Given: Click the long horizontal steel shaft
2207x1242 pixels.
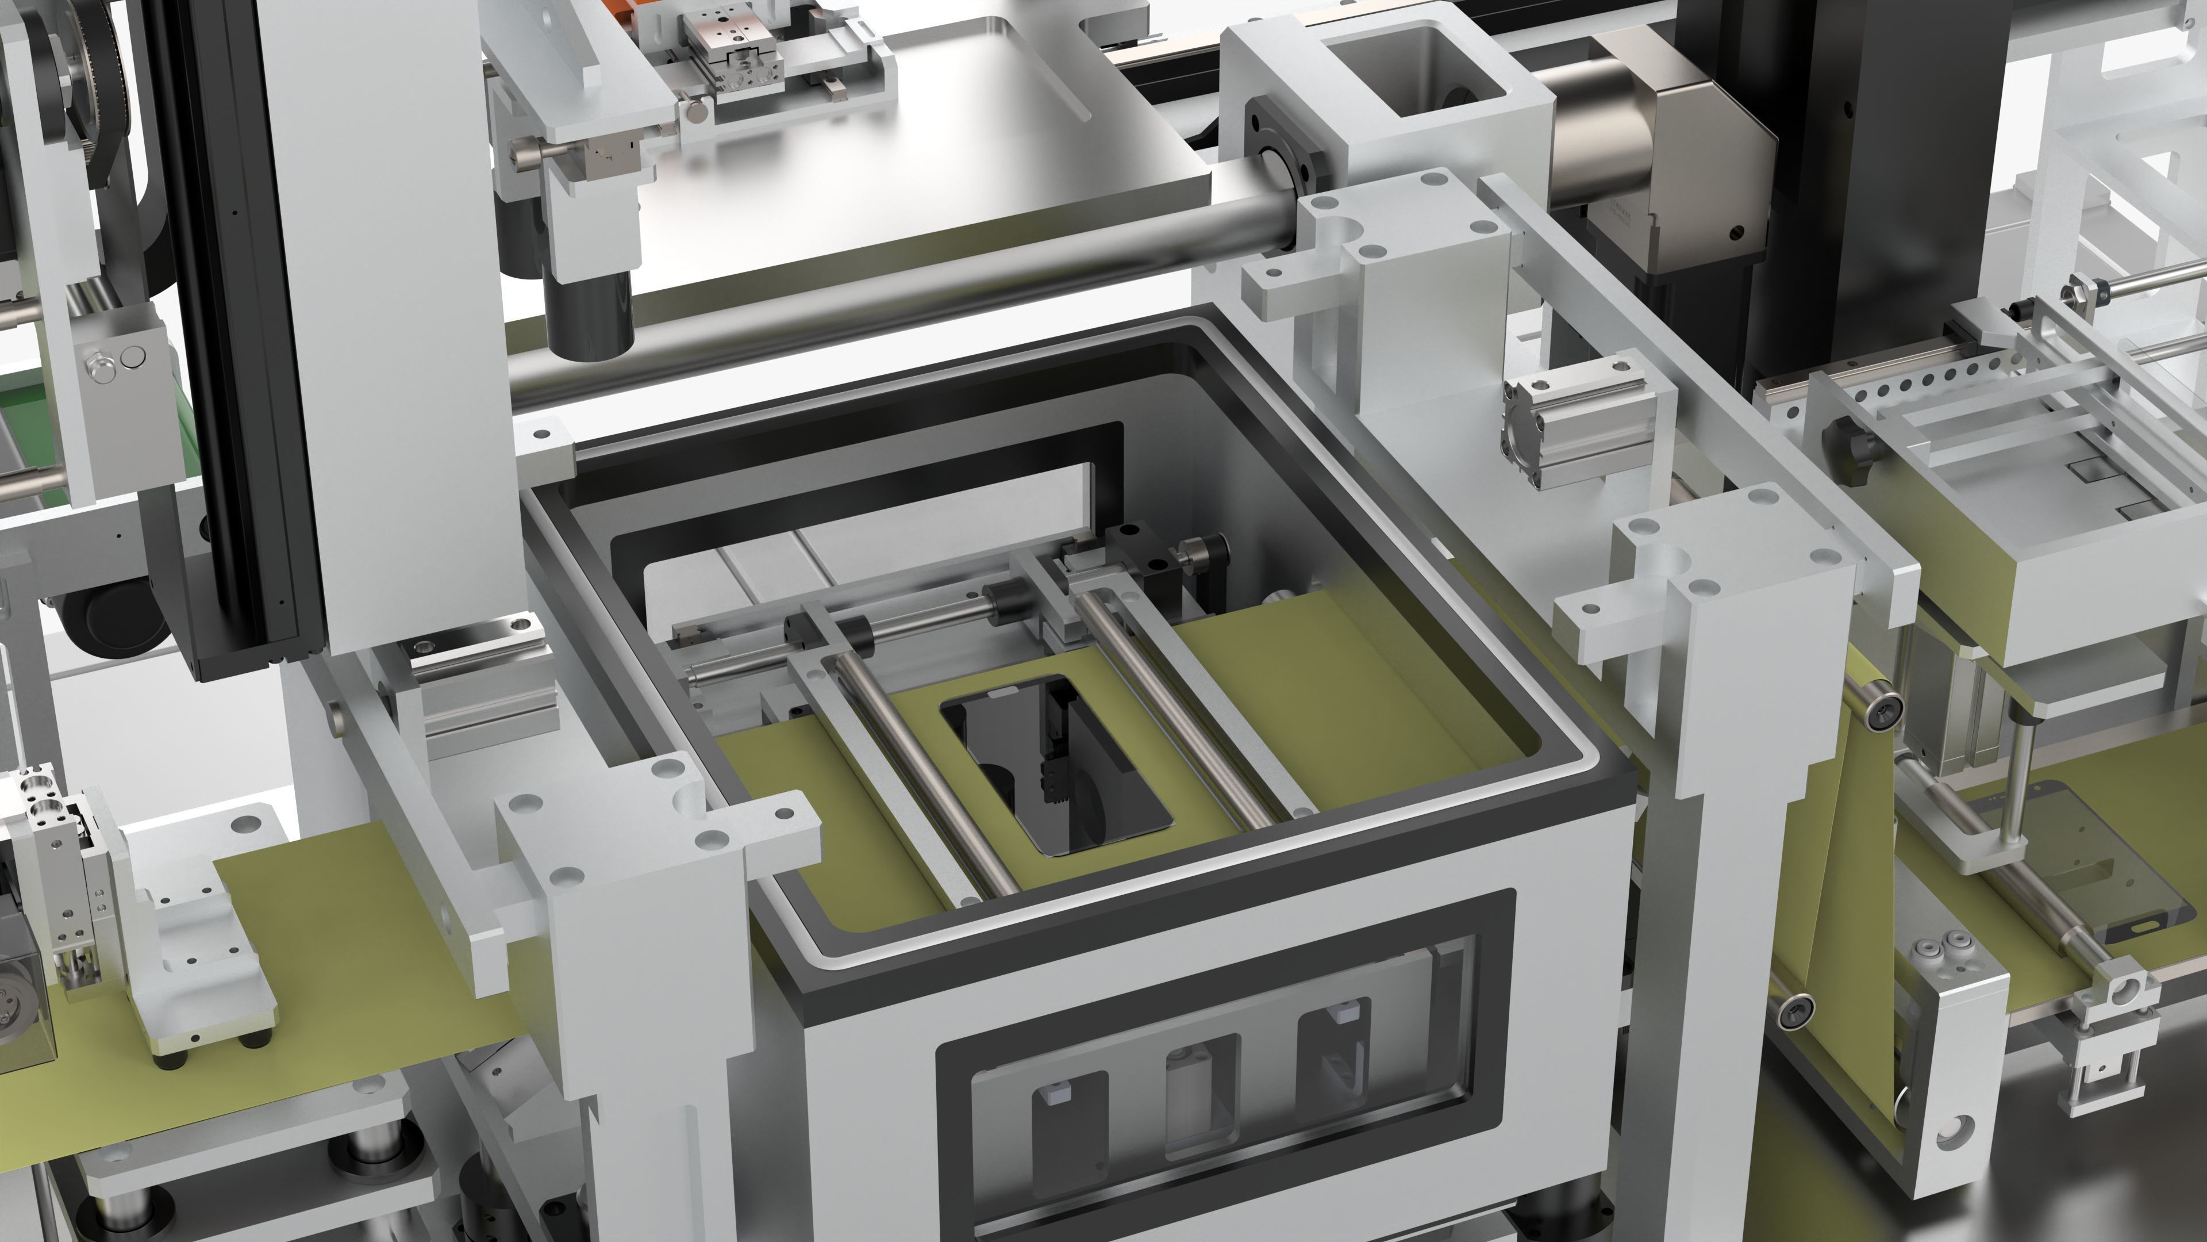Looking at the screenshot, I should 857,300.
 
